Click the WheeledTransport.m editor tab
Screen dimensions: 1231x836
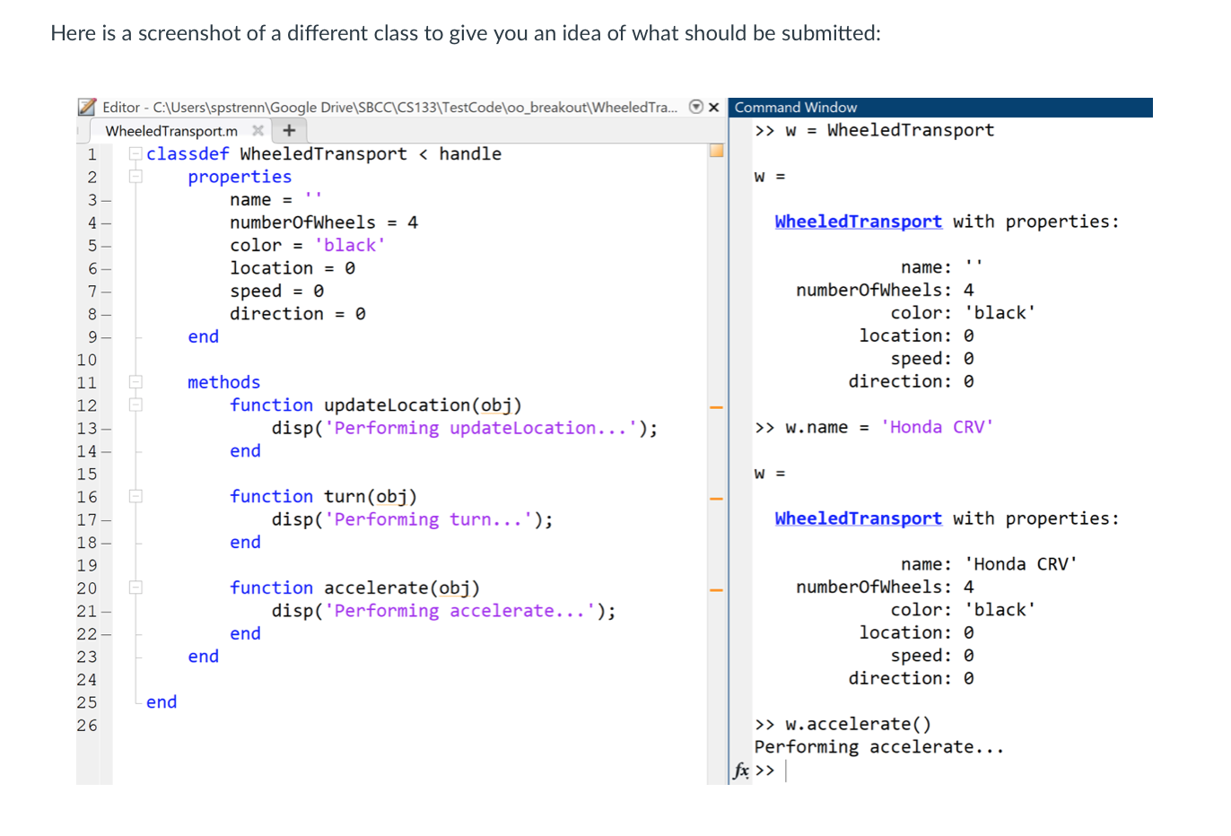coord(171,131)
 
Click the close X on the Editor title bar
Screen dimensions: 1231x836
coord(714,108)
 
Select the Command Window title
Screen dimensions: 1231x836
coord(795,108)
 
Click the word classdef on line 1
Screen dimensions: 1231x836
coord(188,154)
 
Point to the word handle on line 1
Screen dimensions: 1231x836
coord(470,154)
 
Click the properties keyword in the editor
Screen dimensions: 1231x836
coord(240,177)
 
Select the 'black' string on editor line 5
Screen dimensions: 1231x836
coord(350,246)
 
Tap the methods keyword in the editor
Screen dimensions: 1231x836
coord(223,383)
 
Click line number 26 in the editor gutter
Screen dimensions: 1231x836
coord(87,726)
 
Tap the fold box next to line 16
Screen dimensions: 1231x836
coord(135,496)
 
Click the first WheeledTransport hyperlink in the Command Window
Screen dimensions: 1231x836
coord(858,222)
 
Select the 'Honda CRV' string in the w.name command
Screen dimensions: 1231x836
coord(937,428)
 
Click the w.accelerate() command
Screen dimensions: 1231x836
coord(858,725)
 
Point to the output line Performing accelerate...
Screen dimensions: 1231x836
coord(878,747)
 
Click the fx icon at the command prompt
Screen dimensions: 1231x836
coord(741,771)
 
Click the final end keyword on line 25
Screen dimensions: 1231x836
coord(162,702)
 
